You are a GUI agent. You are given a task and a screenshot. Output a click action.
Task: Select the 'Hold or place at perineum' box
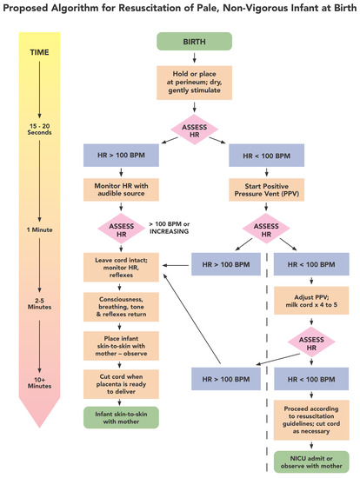pos(206,85)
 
